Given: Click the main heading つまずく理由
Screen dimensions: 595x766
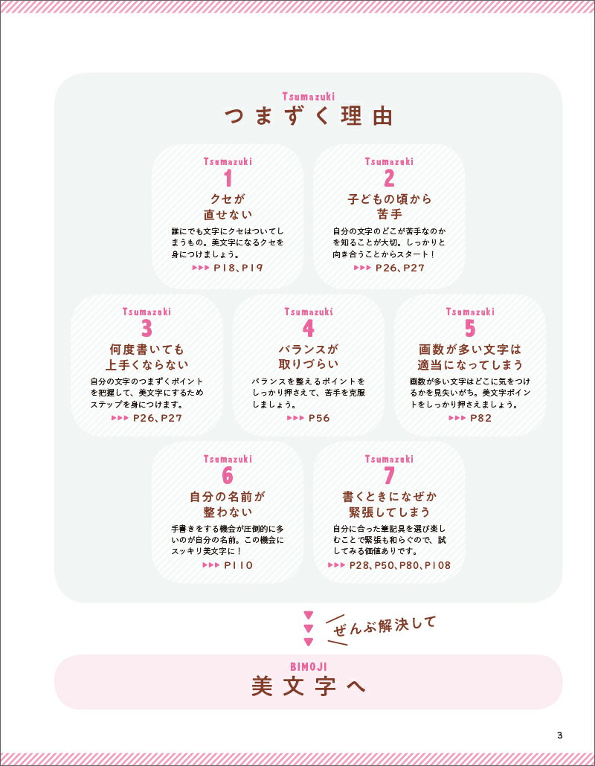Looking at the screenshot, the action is (x=308, y=116).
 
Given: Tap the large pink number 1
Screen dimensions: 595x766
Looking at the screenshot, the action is (x=228, y=178).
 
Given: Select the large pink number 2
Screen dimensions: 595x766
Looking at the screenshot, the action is (x=389, y=178).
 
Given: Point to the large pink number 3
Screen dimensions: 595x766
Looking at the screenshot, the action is (x=147, y=328).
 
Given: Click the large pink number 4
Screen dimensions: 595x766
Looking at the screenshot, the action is (x=308, y=328).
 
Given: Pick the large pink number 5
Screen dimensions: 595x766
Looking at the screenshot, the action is (x=470, y=328).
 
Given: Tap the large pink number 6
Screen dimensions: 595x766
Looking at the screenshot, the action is (x=228, y=475).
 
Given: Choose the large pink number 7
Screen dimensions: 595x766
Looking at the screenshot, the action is (x=389, y=475).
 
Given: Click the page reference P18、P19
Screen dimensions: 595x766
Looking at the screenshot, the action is (x=239, y=268).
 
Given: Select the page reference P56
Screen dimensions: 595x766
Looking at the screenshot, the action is (x=320, y=418).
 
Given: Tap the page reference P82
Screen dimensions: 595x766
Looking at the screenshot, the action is (x=481, y=418).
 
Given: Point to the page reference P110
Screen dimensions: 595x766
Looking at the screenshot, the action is (x=239, y=565).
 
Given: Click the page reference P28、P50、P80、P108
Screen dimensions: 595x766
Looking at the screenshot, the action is (x=400, y=565).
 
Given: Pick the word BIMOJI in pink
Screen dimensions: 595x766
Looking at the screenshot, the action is (x=308, y=667).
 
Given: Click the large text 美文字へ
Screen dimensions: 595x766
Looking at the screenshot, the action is (x=308, y=686).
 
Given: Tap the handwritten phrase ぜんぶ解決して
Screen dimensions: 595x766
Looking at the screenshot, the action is (x=385, y=625).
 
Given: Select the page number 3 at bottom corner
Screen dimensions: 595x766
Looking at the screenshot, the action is (x=560, y=736).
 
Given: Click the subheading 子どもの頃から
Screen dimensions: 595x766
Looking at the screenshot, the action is (x=389, y=199).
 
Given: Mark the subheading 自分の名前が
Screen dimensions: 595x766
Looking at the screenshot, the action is (x=228, y=497).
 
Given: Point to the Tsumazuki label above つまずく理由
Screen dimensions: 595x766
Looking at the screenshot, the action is (x=308, y=96).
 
